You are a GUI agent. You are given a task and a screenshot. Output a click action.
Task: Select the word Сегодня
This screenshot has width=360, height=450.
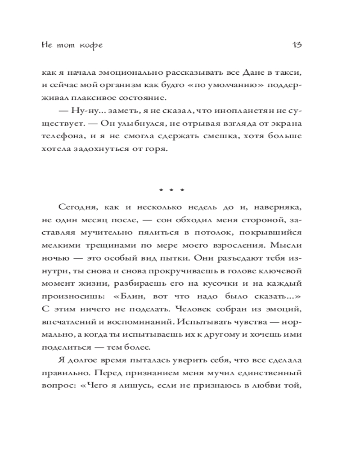pyautogui.click(x=74, y=207)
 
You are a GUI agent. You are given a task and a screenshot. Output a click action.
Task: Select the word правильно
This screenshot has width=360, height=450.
pyautogui.click(x=62, y=373)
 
